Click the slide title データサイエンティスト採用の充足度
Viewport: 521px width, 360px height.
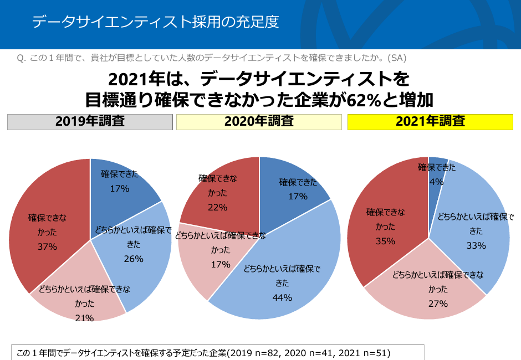155,22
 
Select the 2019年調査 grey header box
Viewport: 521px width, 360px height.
90,122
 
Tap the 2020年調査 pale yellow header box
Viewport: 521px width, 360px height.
259,122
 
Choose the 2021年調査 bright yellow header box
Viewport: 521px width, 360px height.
430,122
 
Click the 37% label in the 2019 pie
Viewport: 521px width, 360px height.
47,246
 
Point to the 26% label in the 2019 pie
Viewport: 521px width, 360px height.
134,259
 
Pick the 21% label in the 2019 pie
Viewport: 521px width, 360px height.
84,317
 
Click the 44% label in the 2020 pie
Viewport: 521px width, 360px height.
283,297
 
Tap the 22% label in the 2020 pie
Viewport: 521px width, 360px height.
218,207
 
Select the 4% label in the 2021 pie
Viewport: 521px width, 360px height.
436,182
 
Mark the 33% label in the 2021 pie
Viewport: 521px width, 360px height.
476,245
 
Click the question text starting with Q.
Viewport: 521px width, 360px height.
213,58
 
